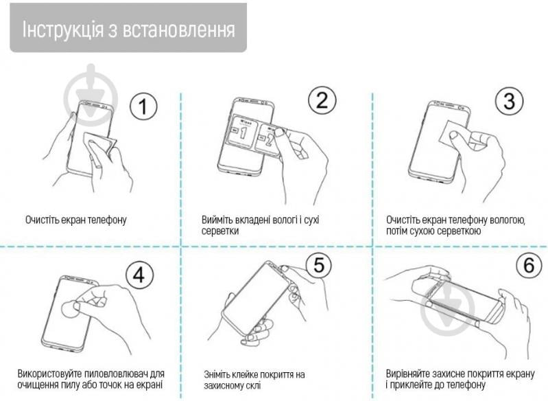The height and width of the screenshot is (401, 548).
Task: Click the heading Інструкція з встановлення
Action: click(128, 30)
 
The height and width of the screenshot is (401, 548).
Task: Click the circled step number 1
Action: click(143, 106)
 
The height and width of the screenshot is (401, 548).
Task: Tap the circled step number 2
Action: click(321, 101)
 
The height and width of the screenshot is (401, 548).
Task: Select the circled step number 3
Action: click(508, 101)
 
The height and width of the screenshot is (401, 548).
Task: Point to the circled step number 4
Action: click(140, 275)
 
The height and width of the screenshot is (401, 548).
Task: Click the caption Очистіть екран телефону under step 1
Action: click(76, 220)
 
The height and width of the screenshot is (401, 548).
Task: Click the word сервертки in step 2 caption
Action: click(221, 231)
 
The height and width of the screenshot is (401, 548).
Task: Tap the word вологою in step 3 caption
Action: click(508, 220)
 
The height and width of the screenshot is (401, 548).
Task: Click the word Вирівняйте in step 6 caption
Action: click(409, 374)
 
